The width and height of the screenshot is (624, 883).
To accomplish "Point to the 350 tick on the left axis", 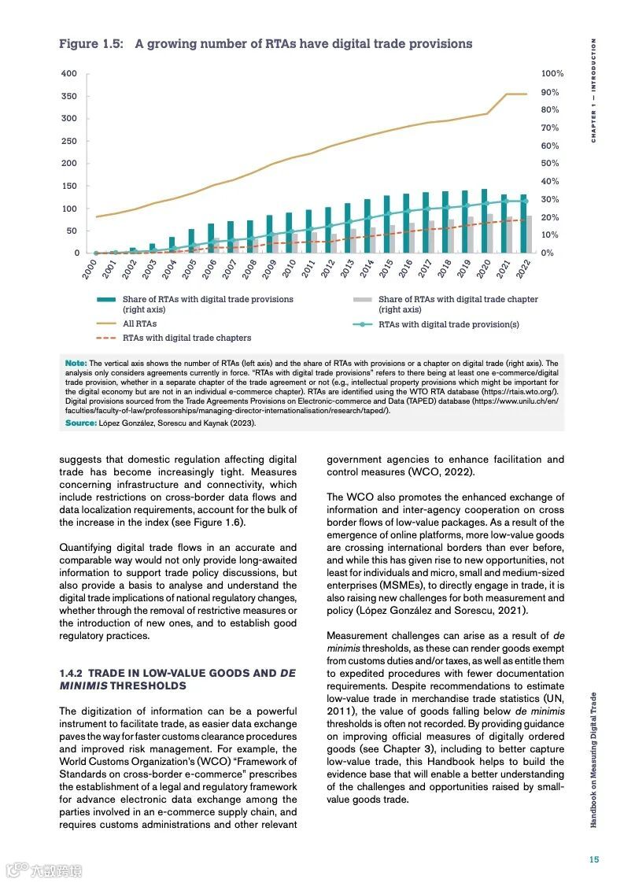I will point(69,96).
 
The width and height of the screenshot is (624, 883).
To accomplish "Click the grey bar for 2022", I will point(529,234).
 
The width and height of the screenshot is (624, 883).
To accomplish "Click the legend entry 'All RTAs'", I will point(139,323).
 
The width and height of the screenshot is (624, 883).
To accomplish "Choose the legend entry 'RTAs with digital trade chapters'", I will point(186,338).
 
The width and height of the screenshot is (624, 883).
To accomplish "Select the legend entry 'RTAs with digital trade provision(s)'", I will point(438,323).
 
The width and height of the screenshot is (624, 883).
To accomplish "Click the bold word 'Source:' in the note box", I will point(80,423).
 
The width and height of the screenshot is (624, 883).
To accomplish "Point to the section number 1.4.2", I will point(71,674).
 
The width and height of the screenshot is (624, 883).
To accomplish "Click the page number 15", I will point(594,859).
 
